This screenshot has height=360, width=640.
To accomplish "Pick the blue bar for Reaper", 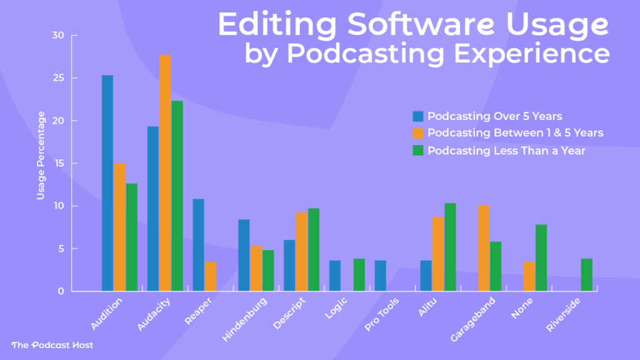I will click(198, 245).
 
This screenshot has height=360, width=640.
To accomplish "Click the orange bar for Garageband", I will click(484, 248).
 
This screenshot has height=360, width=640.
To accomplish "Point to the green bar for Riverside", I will click(586, 275).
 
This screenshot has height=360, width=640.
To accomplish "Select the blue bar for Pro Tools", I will click(381, 276).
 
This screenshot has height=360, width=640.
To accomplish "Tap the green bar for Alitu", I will click(450, 247).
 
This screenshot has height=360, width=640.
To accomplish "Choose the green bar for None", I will click(541, 257).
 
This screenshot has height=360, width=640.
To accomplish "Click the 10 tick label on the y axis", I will click(58, 206).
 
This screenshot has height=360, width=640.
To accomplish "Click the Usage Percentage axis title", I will click(41, 156).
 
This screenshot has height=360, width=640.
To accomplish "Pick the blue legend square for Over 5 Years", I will click(418, 116).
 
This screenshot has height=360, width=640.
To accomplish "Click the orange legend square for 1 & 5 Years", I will click(418, 133).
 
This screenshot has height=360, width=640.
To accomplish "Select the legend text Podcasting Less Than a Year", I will click(506, 151).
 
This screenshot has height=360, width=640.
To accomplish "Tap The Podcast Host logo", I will click(52, 345).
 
